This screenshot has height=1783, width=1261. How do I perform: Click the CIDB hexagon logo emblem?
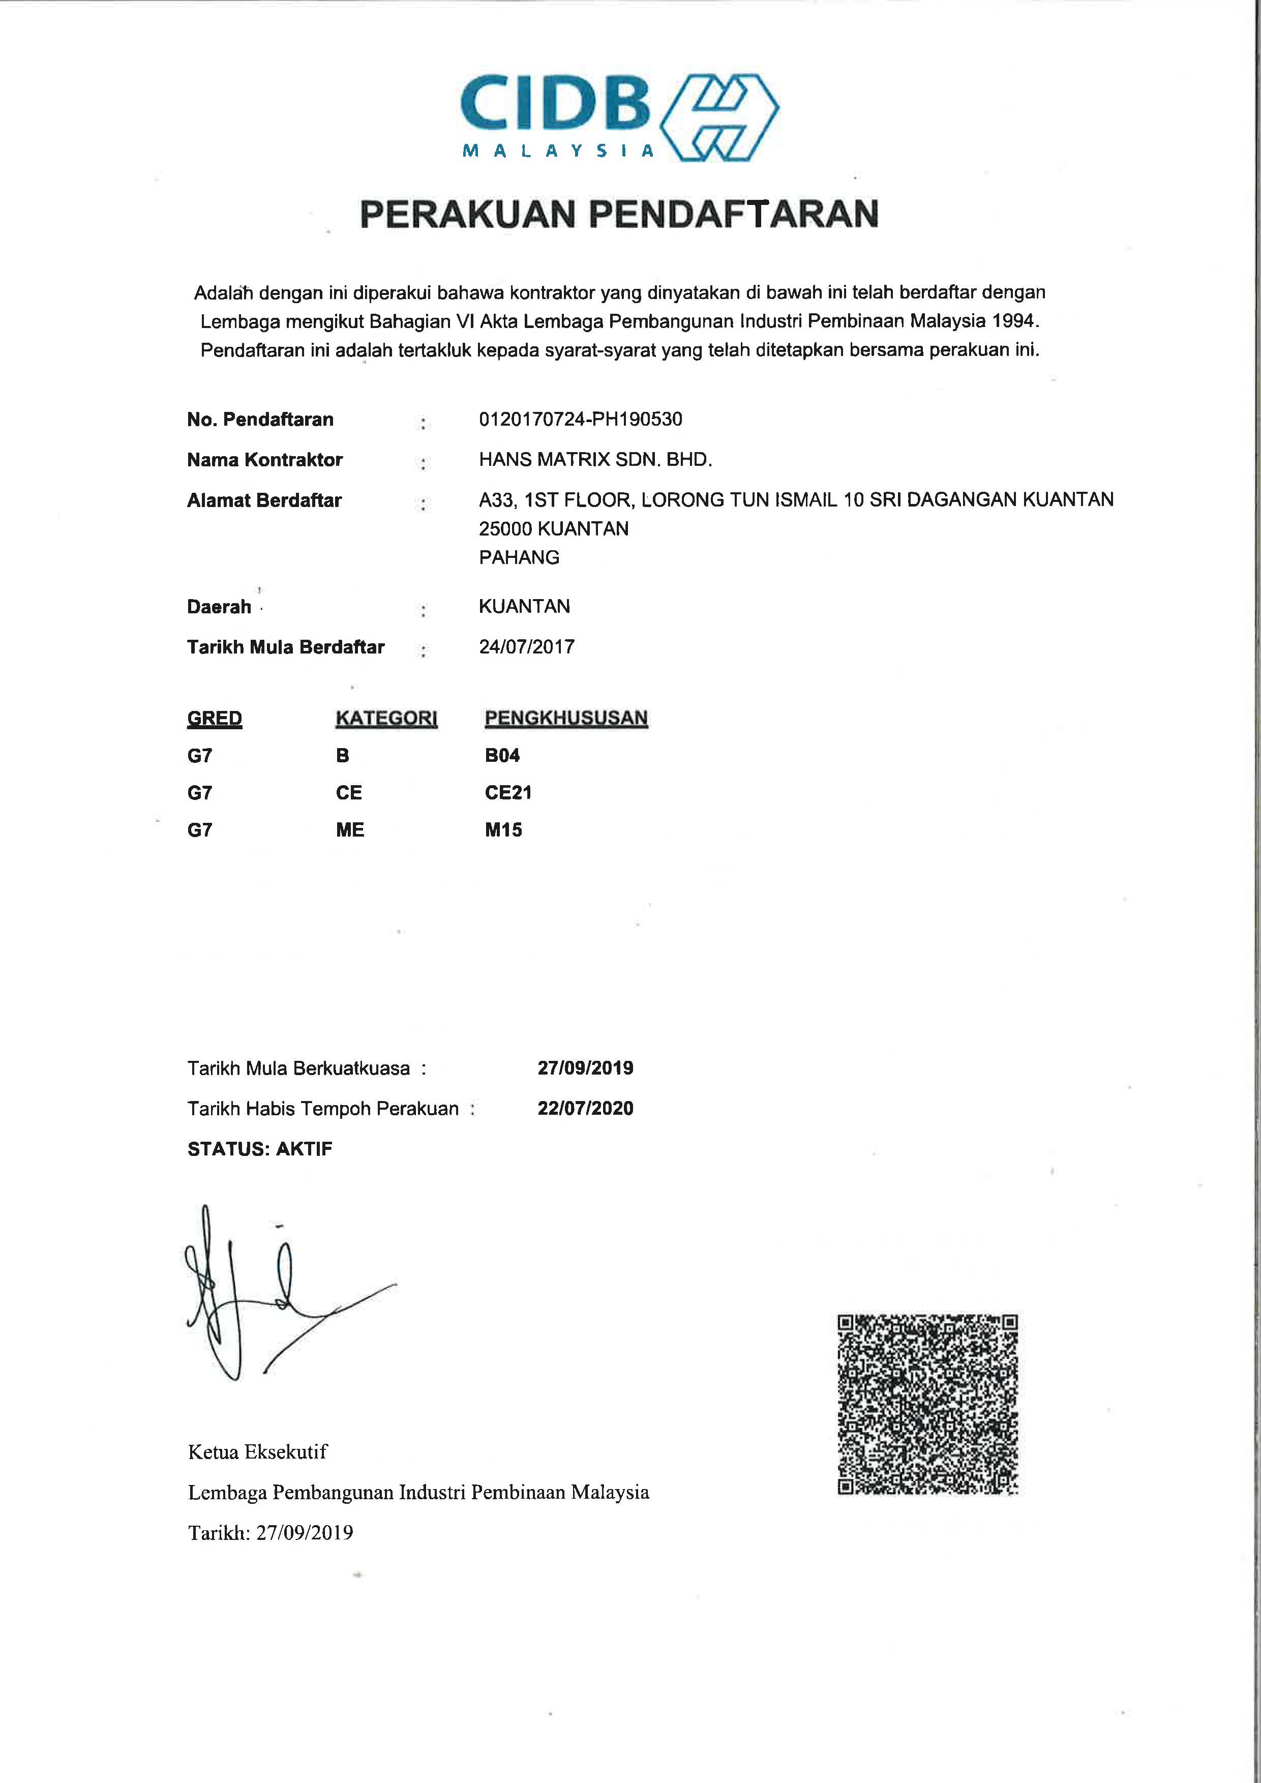point(719,117)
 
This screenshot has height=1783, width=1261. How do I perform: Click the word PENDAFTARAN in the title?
point(735,214)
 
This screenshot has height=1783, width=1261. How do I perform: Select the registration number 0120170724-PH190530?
point(580,420)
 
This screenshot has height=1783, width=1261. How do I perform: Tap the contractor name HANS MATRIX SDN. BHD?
point(595,460)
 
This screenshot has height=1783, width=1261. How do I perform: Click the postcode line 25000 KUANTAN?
point(554,529)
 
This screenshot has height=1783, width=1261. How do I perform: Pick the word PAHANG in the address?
point(519,557)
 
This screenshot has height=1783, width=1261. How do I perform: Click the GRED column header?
point(214,718)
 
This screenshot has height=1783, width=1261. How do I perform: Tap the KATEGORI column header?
point(386,718)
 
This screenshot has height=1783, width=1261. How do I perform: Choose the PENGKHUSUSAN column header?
point(565,718)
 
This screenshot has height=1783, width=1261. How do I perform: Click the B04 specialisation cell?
point(502,756)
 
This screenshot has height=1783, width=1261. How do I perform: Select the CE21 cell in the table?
point(508,793)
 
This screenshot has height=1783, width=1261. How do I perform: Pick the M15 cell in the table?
point(503,830)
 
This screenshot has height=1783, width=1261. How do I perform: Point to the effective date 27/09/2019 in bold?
point(585,1068)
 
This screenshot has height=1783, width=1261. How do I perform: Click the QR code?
point(927,1404)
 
